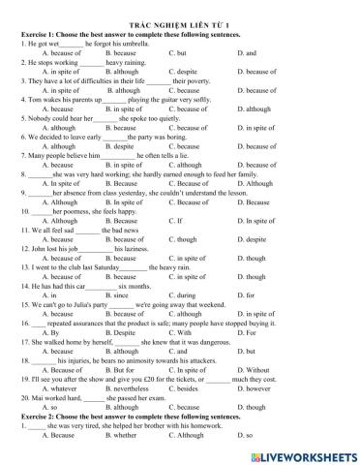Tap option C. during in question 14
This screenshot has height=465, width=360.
click(x=184, y=272)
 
